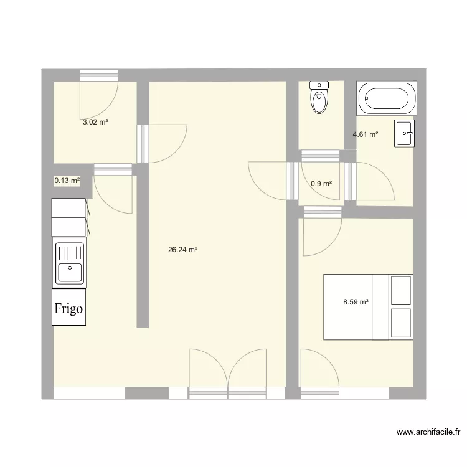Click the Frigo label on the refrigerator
(x=69, y=308)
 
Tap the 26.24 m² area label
(x=182, y=250)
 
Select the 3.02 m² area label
(x=95, y=123)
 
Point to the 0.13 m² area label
(x=67, y=181)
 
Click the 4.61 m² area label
(x=366, y=134)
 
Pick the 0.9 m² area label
(x=321, y=184)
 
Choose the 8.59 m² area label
(x=356, y=302)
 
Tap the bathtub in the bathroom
(x=387, y=98)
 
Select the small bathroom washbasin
(x=403, y=134)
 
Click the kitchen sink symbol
(x=70, y=263)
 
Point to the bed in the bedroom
(x=367, y=307)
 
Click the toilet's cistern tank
(x=319, y=85)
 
